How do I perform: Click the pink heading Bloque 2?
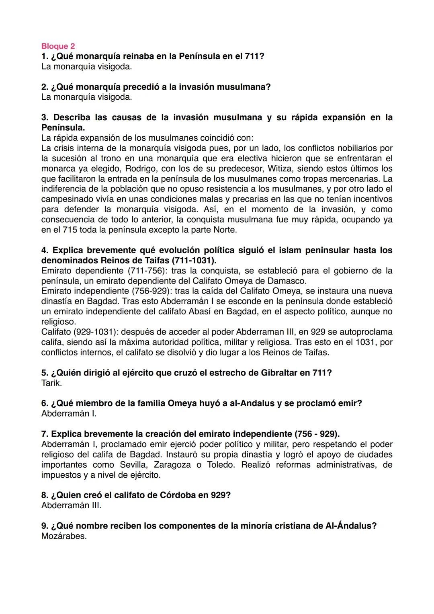(58, 46)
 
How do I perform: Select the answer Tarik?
(51, 383)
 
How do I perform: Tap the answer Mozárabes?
(64, 536)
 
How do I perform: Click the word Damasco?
(289, 281)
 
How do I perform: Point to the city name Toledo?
(221, 465)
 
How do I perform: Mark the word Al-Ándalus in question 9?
(350, 526)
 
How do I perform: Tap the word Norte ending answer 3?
(224, 230)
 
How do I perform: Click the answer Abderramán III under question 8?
(71, 505)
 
